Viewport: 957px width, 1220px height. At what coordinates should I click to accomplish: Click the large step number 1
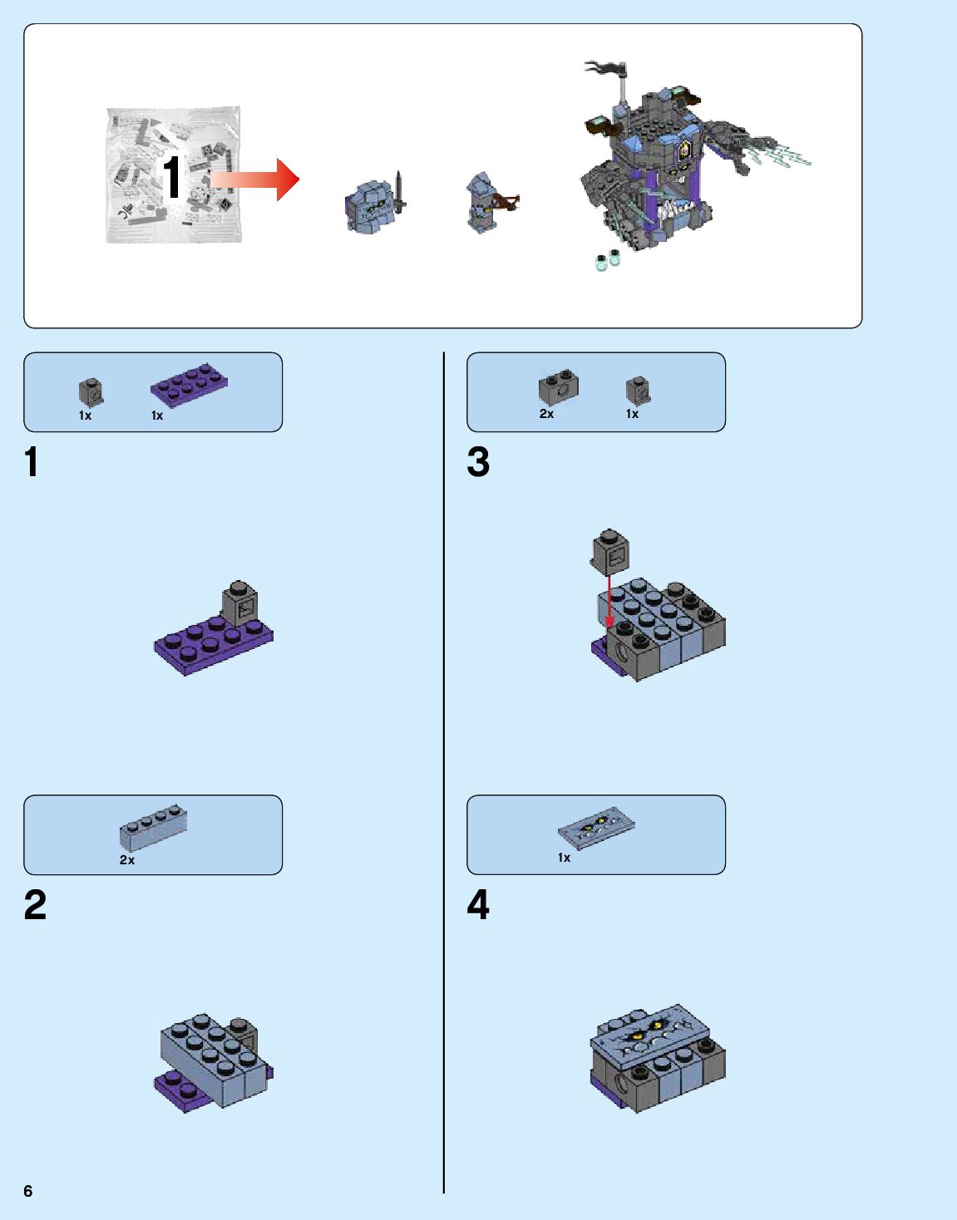[32, 461]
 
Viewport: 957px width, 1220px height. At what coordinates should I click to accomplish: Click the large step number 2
[35, 904]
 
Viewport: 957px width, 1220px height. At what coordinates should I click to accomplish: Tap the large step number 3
[478, 461]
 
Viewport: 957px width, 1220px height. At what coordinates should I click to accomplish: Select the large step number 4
[478, 904]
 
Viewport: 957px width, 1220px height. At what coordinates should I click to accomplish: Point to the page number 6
[28, 1191]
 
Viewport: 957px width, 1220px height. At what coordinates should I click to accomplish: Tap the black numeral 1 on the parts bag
[172, 177]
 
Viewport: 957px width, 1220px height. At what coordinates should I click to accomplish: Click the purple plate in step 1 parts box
[189, 383]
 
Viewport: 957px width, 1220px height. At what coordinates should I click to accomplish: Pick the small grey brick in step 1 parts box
[91, 392]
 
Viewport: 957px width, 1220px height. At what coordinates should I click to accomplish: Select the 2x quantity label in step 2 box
[127, 859]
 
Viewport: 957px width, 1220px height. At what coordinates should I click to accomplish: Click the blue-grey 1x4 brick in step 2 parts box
[153, 827]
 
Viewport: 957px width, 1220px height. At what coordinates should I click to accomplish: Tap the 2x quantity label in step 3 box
[546, 414]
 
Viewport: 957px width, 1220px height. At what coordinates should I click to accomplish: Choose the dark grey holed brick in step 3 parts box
[558, 386]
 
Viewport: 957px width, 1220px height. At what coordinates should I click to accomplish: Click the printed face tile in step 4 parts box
[596, 828]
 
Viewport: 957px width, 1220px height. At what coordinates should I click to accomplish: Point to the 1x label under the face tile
[564, 858]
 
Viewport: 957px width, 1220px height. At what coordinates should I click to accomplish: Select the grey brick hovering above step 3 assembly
[609, 551]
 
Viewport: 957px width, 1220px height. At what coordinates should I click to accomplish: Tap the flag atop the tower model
[607, 69]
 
